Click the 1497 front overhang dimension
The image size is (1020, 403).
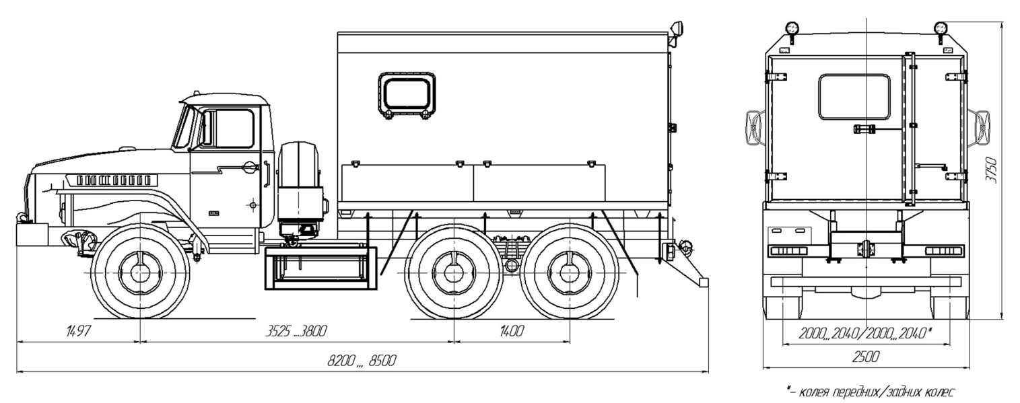click(x=79, y=330)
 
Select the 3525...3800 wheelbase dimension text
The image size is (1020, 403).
click(x=296, y=330)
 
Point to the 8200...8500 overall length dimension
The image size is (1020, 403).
click(x=362, y=361)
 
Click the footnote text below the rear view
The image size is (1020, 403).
click(x=869, y=391)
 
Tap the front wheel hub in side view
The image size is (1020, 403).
click(x=140, y=272)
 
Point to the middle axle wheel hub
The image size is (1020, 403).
click(x=453, y=272)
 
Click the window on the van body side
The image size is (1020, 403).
click(x=406, y=94)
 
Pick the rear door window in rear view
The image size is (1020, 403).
click(x=854, y=97)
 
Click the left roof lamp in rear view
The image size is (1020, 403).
click(x=792, y=28)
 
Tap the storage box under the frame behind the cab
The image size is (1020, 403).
click(x=320, y=267)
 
